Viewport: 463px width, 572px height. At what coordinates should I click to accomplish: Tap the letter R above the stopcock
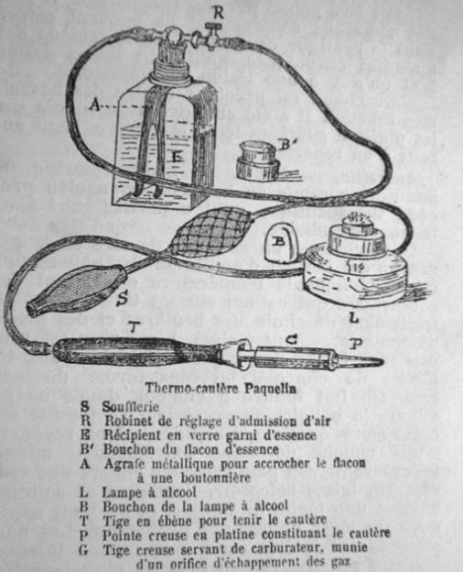point(216,11)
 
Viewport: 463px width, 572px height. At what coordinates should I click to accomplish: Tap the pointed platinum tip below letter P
point(362,365)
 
